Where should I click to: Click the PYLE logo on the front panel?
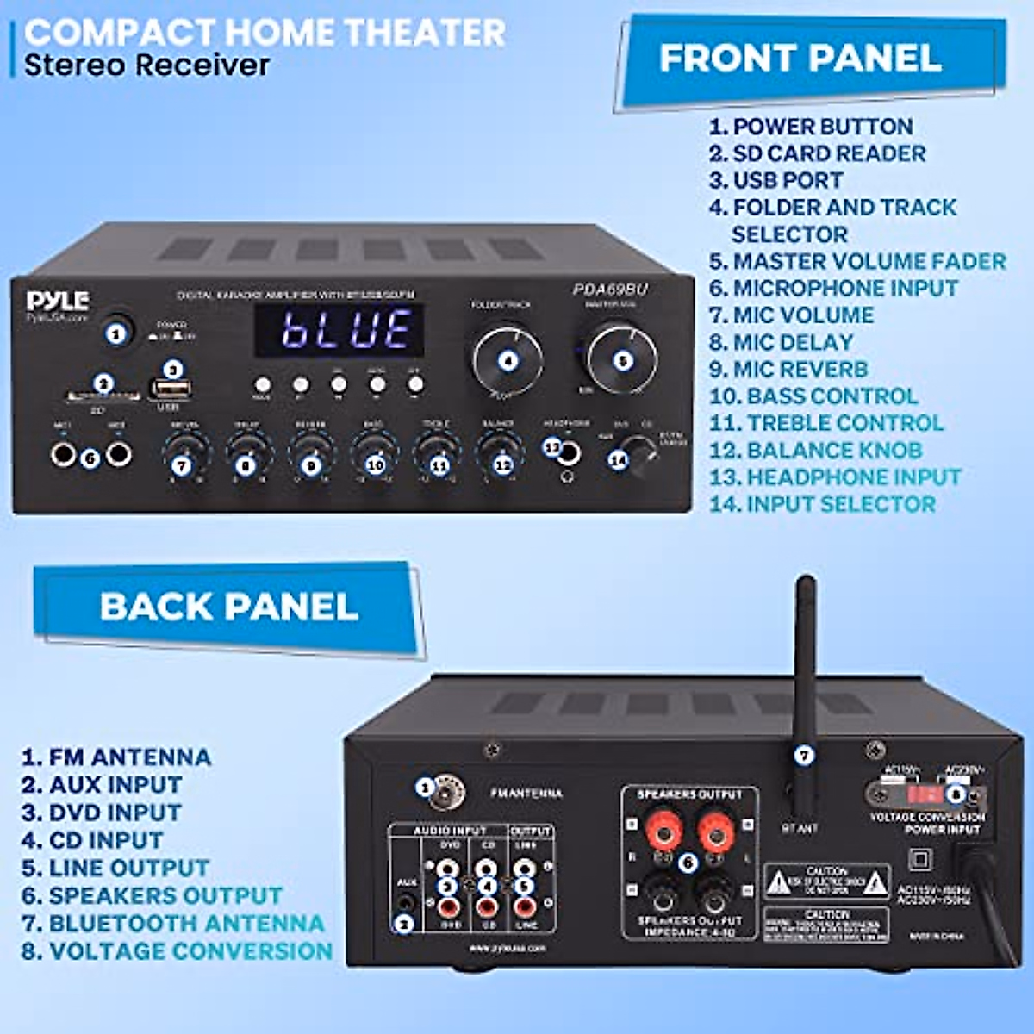pos(58,301)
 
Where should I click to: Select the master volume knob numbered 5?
pos(622,359)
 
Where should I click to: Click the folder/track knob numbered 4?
pos(508,360)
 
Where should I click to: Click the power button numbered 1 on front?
pos(116,331)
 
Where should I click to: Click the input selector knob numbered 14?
pos(635,452)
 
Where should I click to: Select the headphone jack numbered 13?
pos(566,452)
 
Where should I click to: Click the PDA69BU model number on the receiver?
pos(610,290)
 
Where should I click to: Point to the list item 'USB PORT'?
pos(787,180)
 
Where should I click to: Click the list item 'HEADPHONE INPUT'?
pos(853,477)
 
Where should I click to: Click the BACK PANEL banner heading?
pos(228,606)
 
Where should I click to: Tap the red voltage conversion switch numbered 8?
pos(929,793)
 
